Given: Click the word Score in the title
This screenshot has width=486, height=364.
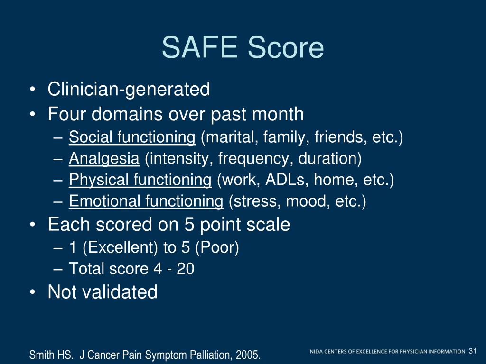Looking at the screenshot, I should (x=285, y=48).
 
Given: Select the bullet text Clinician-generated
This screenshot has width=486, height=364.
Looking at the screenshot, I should (x=129, y=89).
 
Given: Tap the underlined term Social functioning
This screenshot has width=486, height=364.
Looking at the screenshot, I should (x=132, y=137).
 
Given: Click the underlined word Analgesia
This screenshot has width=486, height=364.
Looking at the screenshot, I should (x=104, y=159).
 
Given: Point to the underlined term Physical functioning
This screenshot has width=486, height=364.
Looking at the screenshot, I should (x=140, y=180).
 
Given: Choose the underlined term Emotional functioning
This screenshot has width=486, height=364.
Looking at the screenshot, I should (x=146, y=201).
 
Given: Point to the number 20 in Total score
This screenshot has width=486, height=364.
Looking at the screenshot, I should (x=185, y=269).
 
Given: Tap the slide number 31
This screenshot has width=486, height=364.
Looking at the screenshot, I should (x=472, y=351).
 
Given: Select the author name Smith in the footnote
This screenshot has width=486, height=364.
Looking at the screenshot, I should (x=40, y=355).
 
